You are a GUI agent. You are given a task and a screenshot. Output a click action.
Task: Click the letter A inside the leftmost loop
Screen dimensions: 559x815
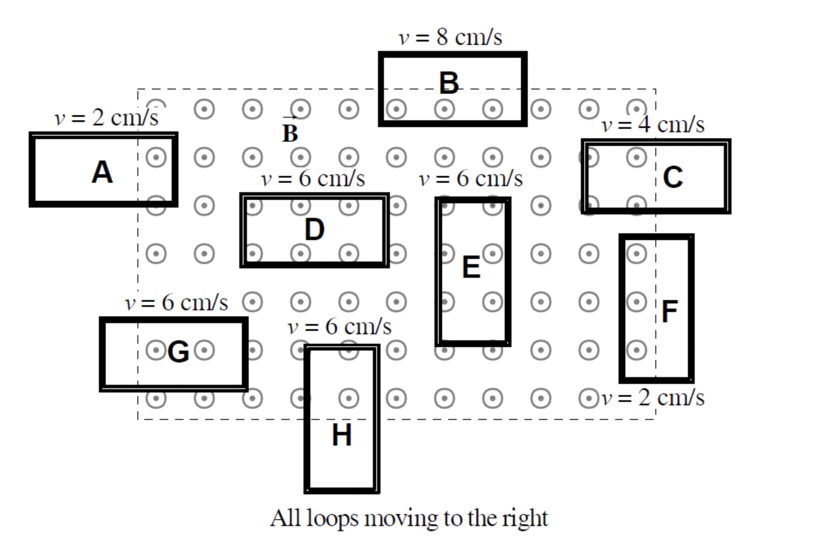point(102,172)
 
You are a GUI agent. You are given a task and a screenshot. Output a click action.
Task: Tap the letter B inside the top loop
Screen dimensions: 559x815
point(449,83)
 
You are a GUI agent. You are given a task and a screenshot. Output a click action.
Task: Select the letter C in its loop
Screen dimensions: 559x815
point(673,177)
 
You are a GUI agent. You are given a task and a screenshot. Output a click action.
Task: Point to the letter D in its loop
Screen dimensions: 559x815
point(314,230)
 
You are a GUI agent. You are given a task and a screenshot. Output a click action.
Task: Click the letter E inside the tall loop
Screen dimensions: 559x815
point(471,268)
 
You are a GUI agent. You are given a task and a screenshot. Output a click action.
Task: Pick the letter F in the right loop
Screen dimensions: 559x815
point(669,312)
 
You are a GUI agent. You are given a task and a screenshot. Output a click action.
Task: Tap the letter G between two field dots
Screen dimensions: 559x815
point(178,352)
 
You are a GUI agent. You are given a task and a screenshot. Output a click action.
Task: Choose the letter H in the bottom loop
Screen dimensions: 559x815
point(342,435)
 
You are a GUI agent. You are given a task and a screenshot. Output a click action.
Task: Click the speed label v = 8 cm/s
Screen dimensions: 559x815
point(450,38)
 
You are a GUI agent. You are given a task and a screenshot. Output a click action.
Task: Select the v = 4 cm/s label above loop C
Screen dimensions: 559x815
point(653,125)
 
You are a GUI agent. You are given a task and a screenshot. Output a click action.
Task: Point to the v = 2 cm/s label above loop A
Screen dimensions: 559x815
point(107,118)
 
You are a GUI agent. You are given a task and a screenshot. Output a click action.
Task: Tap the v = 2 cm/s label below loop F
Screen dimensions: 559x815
point(653,398)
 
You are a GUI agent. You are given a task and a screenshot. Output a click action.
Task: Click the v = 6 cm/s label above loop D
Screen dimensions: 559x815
point(313,178)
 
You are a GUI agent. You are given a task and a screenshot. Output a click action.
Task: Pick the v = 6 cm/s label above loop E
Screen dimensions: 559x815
point(471,178)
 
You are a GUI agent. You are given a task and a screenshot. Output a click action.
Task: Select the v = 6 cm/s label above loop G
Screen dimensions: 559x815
point(176,303)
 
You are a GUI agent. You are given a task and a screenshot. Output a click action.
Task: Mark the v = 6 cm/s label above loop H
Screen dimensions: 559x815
point(339,327)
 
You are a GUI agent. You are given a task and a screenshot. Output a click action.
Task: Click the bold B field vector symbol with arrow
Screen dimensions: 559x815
point(290,131)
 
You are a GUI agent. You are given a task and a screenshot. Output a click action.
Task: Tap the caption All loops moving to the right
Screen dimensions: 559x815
point(409,518)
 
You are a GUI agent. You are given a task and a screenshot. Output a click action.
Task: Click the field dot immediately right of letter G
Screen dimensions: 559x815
point(204,351)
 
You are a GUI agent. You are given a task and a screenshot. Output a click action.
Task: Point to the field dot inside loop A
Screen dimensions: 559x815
point(156,157)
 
